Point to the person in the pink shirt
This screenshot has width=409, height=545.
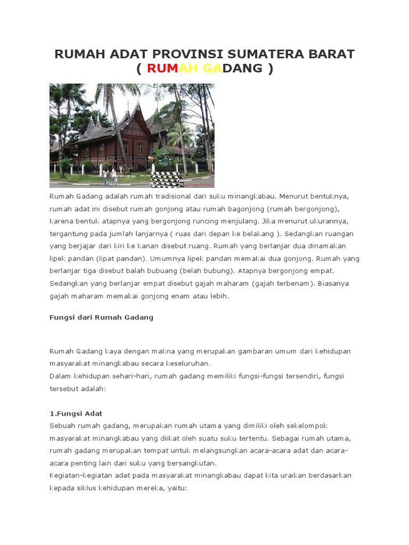(x=113, y=175)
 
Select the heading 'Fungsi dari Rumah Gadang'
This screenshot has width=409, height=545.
(x=101, y=317)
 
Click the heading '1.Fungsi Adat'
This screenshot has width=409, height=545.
(x=76, y=414)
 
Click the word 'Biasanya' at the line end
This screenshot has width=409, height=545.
(x=333, y=283)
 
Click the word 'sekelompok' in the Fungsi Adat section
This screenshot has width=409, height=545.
(x=306, y=426)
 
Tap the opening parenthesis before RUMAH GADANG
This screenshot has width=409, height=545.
(x=140, y=68)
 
